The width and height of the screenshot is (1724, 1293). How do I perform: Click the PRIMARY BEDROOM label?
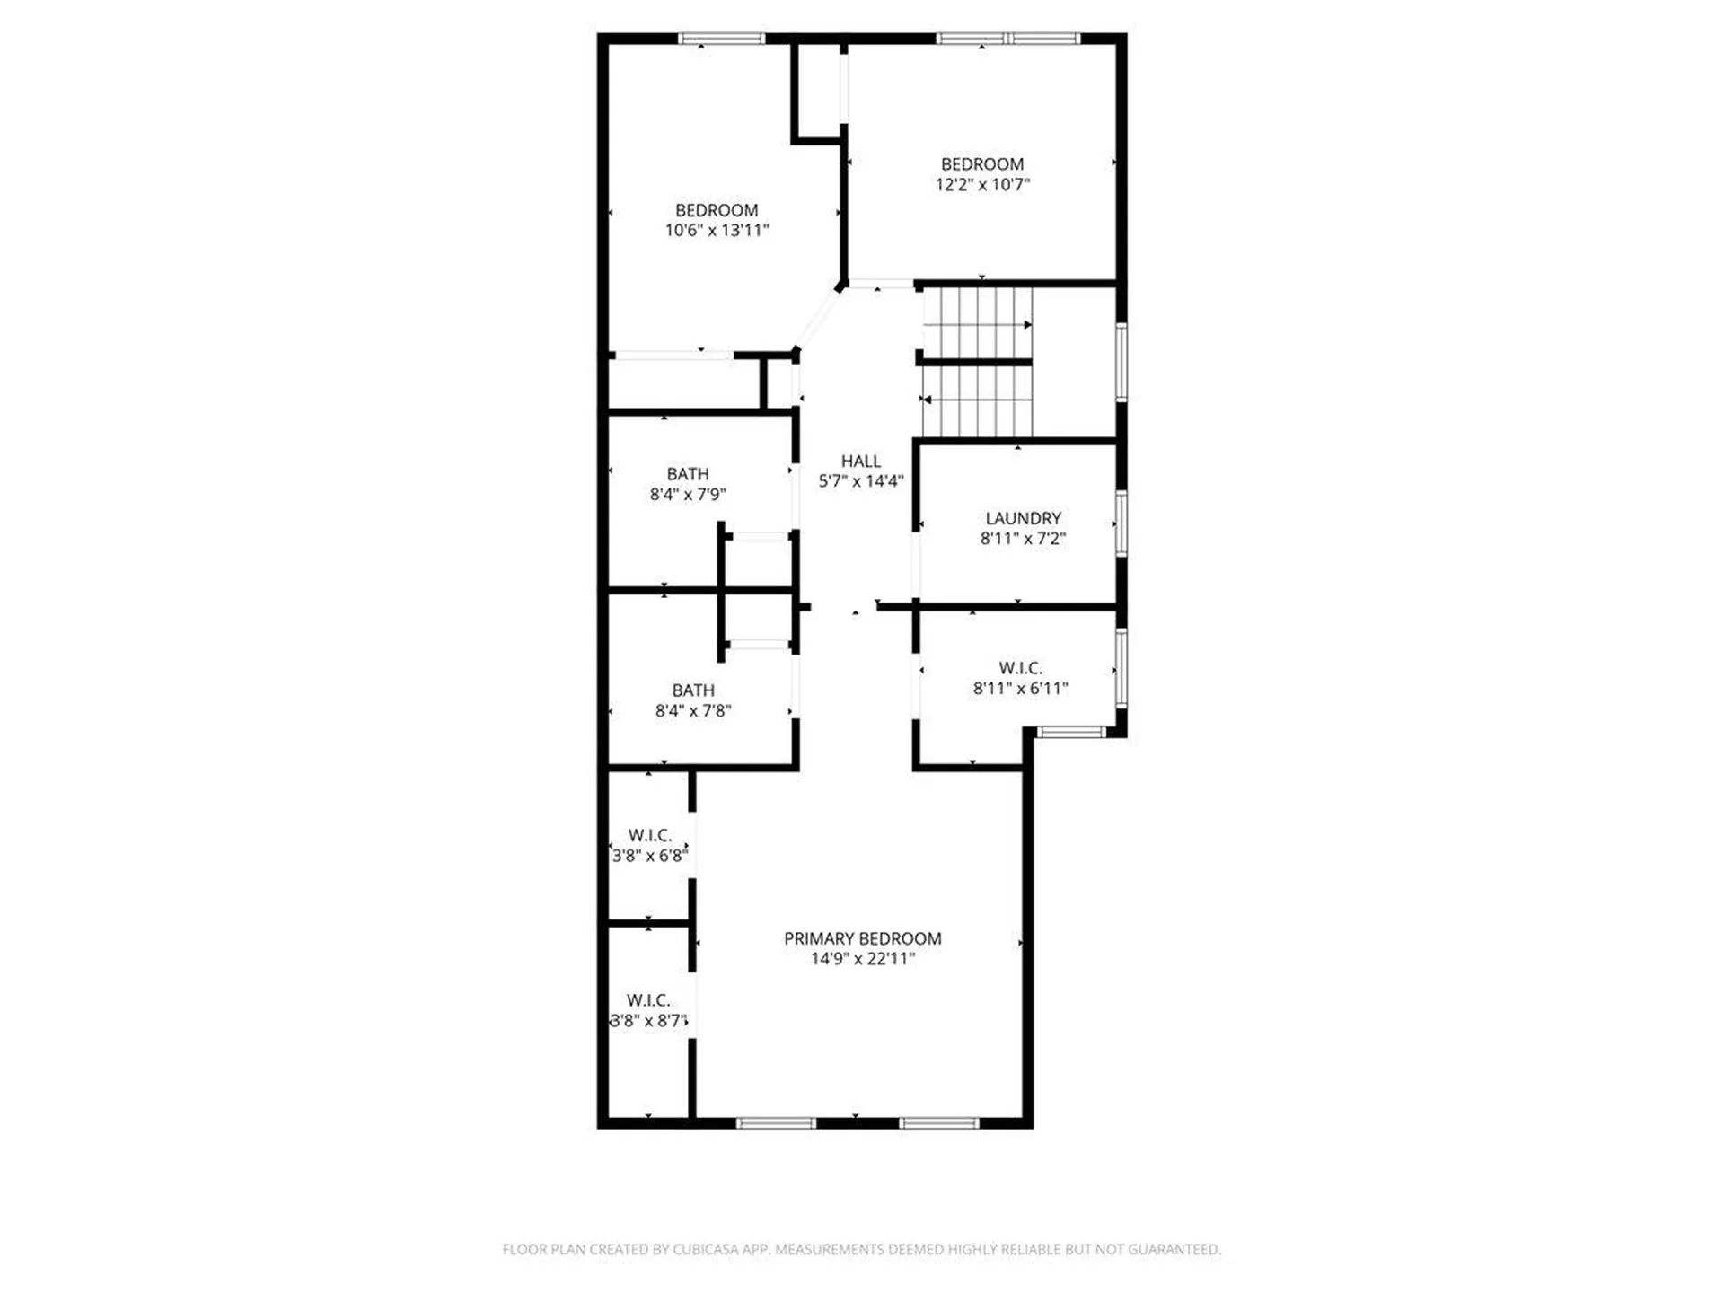click(x=862, y=938)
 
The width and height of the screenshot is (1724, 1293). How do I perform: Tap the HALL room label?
click(x=860, y=461)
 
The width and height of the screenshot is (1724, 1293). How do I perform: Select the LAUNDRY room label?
click(x=1023, y=518)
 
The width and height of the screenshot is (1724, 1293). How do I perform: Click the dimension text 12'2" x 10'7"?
click(x=982, y=185)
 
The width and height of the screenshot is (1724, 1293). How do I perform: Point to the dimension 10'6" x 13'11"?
click(x=717, y=231)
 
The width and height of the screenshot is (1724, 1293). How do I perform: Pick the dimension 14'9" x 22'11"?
click(x=862, y=959)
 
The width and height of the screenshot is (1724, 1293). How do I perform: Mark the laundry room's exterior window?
click(x=1121, y=523)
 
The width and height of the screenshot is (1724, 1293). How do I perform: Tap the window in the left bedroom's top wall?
click(x=721, y=39)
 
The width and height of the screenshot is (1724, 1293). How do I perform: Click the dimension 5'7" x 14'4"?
click(x=860, y=481)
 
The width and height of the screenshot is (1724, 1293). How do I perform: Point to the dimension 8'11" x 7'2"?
click(x=1023, y=539)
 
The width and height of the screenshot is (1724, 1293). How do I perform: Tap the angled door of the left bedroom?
click(x=816, y=319)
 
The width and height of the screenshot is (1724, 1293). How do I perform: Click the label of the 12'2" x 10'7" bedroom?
click(x=982, y=164)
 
